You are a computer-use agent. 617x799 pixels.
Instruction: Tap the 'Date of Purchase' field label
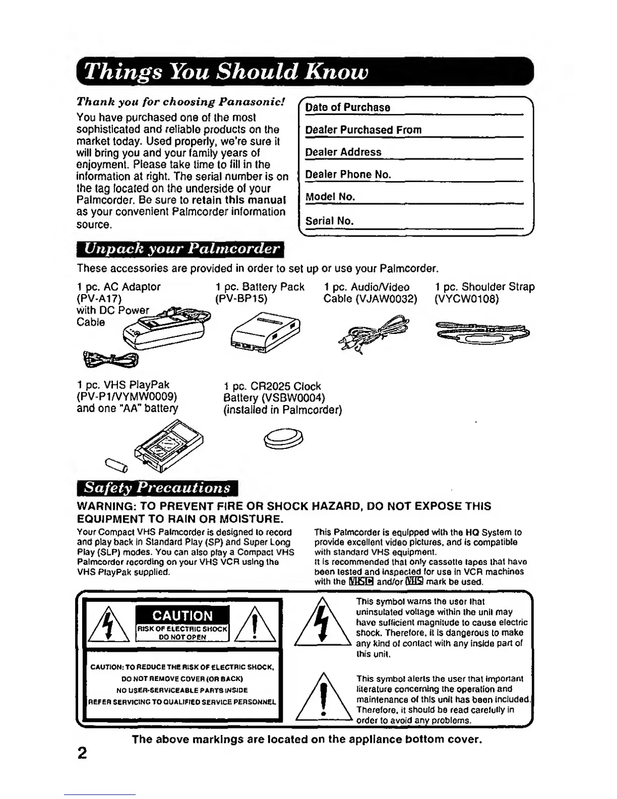pos(348,107)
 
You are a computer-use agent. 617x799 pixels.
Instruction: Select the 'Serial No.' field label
pos(330,221)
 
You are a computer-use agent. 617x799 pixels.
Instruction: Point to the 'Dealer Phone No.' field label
pos(348,175)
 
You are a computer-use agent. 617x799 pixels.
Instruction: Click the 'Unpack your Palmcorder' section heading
pos(181,249)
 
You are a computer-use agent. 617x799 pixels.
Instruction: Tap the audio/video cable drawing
pos(375,333)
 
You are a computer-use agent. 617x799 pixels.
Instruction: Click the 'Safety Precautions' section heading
pos(157,488)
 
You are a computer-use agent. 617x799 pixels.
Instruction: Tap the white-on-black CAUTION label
pos(182,616)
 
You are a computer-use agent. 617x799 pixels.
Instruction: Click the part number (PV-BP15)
pos(240,299)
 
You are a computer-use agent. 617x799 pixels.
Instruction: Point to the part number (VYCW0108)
pos(466,299)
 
